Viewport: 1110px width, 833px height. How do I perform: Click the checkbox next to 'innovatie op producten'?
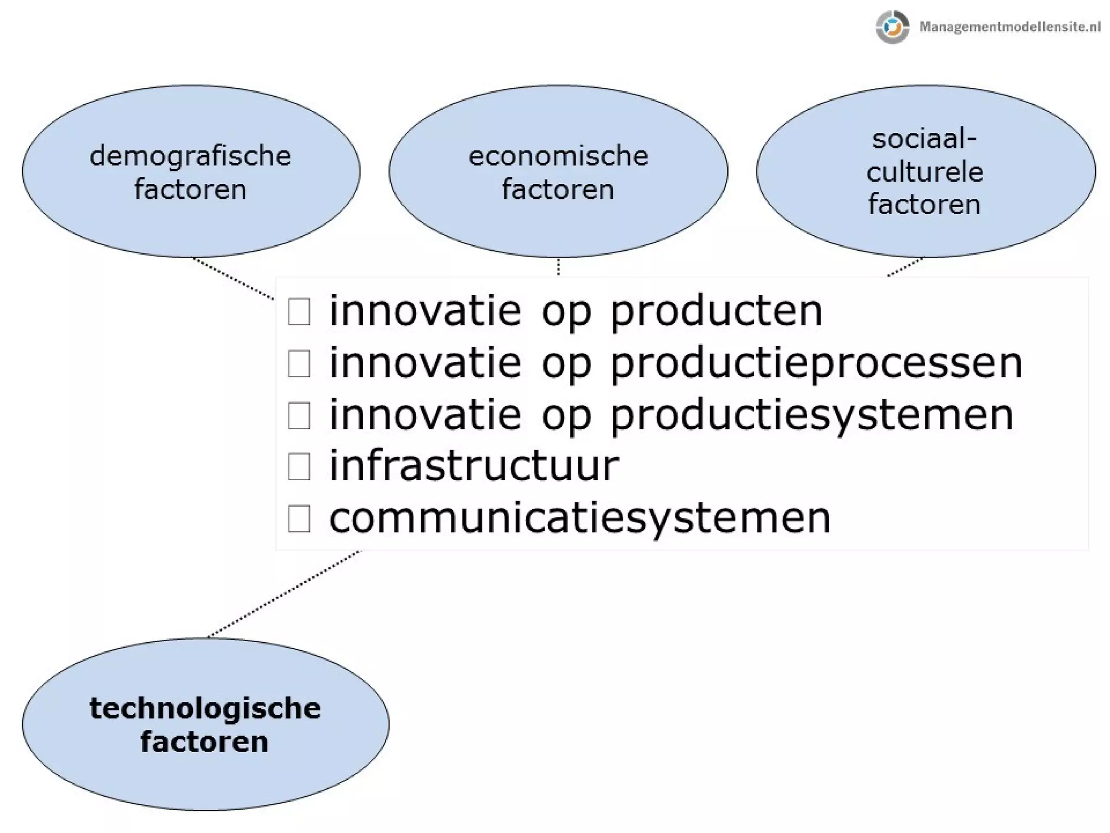coord(299,312)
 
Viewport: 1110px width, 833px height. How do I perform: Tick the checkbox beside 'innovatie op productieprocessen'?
coord(299,363)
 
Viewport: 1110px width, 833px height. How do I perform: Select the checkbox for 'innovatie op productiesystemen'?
coord(299,415)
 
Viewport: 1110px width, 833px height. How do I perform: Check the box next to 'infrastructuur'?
coord(299,467)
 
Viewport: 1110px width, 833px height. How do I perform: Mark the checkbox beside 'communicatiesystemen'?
coord(299,518)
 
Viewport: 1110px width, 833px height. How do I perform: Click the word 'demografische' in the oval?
coord(190,156)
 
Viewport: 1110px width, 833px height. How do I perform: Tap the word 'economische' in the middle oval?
coord(558,156)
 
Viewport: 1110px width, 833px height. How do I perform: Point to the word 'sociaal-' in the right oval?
coord(924,139)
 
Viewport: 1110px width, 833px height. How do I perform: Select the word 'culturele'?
coord(925,172)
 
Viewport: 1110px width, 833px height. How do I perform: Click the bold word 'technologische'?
coord(205,708)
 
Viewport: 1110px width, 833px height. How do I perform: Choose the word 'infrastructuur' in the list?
coord(474,465)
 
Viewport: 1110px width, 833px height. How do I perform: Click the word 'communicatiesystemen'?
coord(580,518)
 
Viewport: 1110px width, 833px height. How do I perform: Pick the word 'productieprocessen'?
coord(817,363)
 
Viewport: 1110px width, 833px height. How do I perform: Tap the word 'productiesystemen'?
coord(812,415)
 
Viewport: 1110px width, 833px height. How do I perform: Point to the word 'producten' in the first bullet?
coord(717,312)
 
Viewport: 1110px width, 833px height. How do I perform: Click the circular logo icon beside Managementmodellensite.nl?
coord(892,27)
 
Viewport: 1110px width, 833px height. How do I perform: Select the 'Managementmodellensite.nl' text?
coord(1010,27)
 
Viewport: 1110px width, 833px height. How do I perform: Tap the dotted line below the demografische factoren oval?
coord(234,278)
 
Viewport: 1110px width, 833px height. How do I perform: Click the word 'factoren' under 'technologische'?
coord(204,742)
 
